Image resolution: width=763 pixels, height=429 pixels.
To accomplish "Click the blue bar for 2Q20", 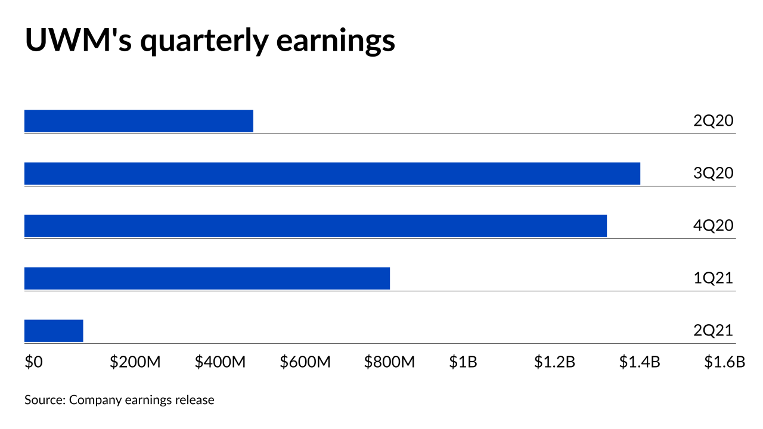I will click(x=138, y=121).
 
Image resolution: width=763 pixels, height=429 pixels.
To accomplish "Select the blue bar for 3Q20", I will click(x=332, y=173).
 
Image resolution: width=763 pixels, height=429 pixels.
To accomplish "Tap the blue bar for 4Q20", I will click(x=315, y=226).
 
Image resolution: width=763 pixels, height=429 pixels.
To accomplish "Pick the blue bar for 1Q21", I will click(x=207, y=278).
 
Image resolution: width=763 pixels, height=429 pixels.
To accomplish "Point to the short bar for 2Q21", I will click(x=54, y=331).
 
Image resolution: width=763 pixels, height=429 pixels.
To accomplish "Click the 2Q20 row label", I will click(x=713, y=121).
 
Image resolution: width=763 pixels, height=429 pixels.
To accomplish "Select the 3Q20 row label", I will click(x=713, y=173).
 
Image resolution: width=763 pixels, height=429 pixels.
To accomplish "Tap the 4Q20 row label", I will click(x=713, y=226).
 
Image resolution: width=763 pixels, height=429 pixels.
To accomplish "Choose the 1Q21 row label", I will click(x=713, y=278).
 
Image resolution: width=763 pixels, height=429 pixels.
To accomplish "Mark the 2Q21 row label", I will click(x=713, y=331).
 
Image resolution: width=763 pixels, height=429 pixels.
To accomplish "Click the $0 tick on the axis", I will click(x=33, y=362).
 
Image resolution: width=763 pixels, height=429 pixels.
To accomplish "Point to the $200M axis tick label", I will click(x=135, y=362).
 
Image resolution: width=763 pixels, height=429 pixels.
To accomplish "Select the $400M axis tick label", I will click(x=220, y=362).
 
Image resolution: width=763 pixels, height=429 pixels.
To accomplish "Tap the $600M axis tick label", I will click(x=305, y=362).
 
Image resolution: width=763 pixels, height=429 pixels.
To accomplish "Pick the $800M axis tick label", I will click(x=390, y=362).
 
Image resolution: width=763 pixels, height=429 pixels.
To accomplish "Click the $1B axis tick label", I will click(x=463, y=362).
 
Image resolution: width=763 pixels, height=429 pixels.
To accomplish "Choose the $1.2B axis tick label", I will click(x=554, y=362).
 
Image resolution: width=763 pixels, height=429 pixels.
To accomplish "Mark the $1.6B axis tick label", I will click(x=725, y=362).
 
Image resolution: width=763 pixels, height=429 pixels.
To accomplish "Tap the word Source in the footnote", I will click(x=45, y=400).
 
